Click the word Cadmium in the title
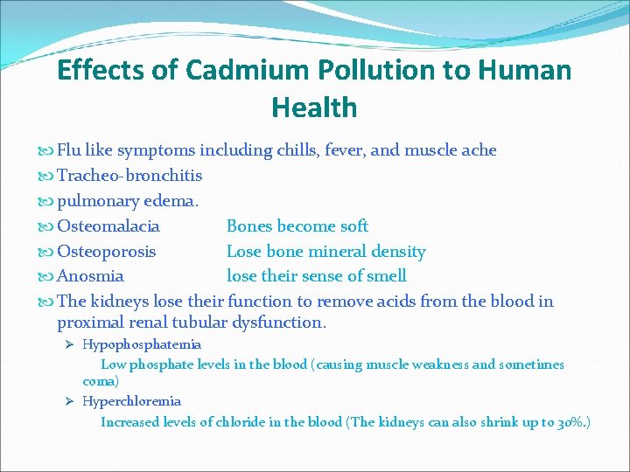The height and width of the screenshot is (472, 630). (211, 70)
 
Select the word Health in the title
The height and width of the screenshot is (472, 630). (314, 108)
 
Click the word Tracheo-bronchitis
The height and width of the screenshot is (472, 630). (129, 176)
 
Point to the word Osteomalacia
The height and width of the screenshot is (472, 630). (108, 226)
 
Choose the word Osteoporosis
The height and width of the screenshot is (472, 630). (107, 252)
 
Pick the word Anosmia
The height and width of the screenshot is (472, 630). (90, 276)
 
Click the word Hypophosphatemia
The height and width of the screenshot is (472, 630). (142, 344)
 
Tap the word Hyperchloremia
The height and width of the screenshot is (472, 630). (131, 401)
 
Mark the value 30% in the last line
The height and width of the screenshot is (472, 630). (570, 422)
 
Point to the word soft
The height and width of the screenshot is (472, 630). (354, 226)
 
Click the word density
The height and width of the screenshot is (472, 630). (399, 252)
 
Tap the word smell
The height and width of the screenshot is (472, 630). (386, 276)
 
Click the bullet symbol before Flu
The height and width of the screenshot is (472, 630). (47, 151)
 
